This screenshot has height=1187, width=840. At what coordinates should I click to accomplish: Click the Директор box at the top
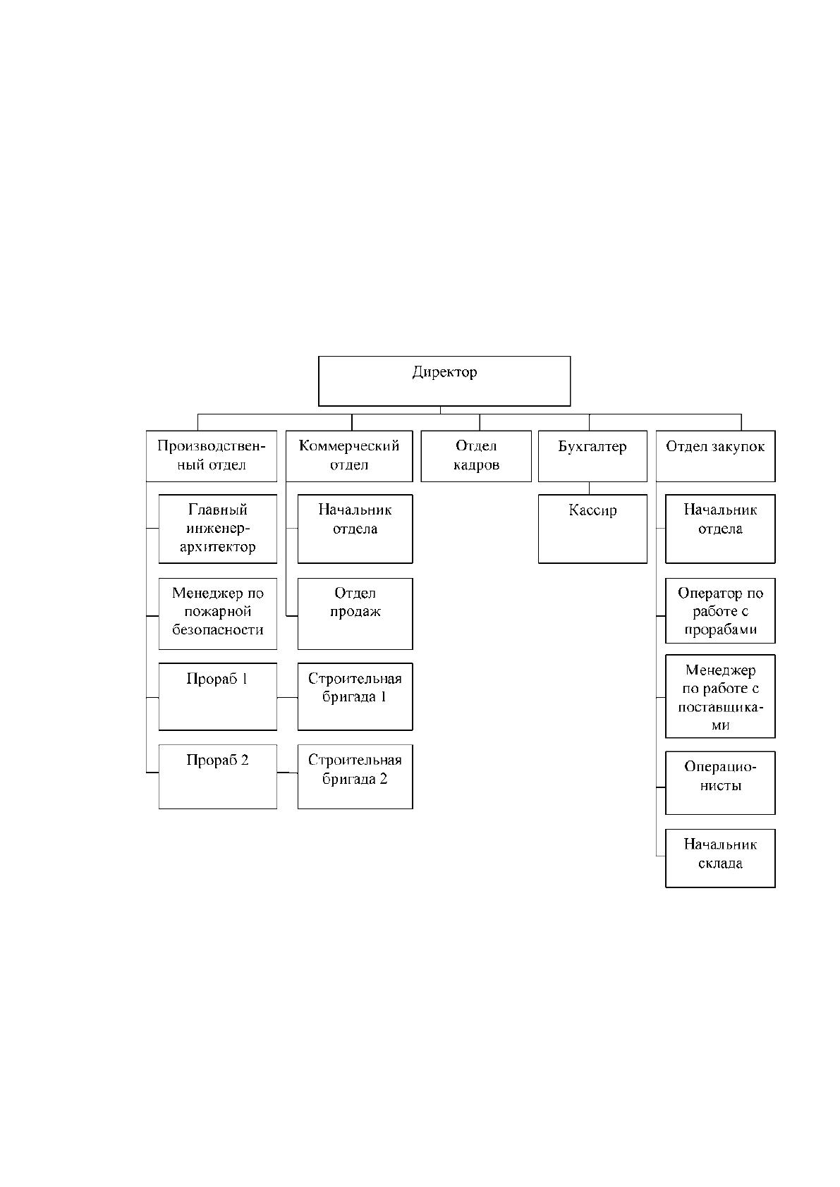pos(444,381)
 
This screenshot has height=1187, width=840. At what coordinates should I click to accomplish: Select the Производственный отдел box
pos(212,456)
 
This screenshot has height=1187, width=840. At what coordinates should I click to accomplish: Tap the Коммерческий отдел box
pos(349,456)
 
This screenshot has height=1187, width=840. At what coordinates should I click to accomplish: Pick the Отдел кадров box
pos(476,456)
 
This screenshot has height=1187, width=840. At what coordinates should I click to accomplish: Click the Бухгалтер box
pos(592,456)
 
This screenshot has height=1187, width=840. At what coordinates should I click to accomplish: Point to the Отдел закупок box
pos(715,456)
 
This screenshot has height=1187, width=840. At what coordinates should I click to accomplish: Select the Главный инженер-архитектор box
pos(218,529)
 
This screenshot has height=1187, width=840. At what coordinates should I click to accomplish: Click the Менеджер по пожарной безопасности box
pos(218,614)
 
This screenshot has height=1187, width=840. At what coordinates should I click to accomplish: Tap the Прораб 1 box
pos(218,696)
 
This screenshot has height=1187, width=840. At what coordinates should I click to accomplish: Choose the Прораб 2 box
pos(218,776)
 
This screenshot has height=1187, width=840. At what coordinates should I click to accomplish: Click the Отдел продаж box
pos(355,614)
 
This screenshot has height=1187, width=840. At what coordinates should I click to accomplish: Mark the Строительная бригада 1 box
pos(355,696)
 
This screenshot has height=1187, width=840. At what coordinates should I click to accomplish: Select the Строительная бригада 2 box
pos(355,776)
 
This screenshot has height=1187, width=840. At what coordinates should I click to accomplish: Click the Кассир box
pos(592,529)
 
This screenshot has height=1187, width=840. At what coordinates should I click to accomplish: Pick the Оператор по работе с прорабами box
pos(720,610)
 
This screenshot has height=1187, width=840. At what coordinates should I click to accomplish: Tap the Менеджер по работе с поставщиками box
pos(720,696)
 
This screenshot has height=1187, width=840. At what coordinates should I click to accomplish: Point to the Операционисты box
pos(720,782)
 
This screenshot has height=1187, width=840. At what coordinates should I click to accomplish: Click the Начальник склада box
pos(720,858)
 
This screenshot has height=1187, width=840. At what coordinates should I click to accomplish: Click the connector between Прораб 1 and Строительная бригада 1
pos(288,697)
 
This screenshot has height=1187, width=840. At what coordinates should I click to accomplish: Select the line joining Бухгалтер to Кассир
pos(589,488)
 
